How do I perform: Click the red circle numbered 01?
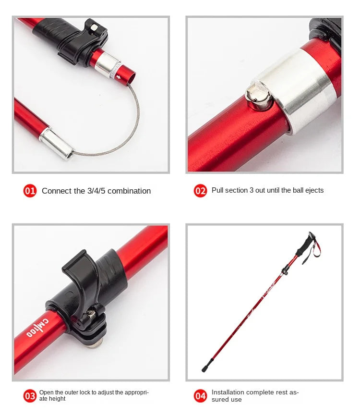[x=30, y=191]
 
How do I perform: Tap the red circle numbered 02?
[x=200, y=191]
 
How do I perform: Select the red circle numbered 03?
[x=30, y=396]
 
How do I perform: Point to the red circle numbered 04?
[x=200, y=396]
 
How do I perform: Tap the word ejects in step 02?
[x=313, y=190]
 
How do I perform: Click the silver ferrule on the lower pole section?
[x=57, y=143]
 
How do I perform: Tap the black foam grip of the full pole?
[x=303, y=245]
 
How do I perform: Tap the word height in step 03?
[x=57, y=399]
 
